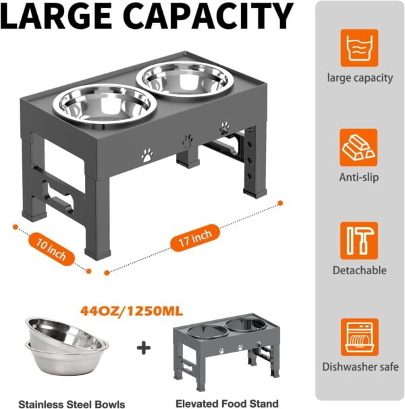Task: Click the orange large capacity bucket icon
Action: coord(359,48)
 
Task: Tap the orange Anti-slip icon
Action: coord(358,148)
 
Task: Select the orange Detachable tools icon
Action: coord(359,241)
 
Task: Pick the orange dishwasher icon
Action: coord(360,337)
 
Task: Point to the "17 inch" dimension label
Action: coord(195,238)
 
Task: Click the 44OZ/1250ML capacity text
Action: coord(132,311)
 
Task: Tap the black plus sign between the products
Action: coord(144,348)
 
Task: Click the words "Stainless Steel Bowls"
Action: coord(72,404)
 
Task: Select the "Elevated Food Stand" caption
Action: coord(227,403)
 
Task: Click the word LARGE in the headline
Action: coord(56,16)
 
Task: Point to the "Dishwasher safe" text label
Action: coord(360,367)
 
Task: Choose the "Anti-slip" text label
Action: coord(358,177)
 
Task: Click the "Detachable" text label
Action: coord(360,270)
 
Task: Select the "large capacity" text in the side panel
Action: coord(360,78)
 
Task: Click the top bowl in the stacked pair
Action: coord(65,333)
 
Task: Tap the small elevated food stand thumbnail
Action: coord(227,352)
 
